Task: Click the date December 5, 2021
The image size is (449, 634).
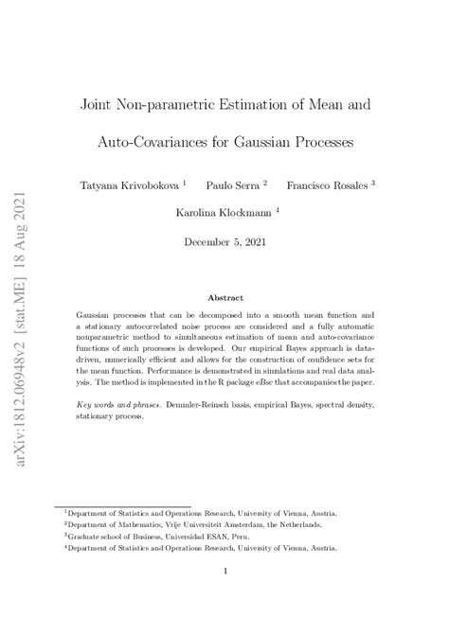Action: [x=224, y=242]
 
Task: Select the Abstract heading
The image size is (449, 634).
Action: [x=224, y=296]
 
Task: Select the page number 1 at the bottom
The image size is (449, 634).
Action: [x=224, y=571]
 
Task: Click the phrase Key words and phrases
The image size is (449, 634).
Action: [x=117, y=403]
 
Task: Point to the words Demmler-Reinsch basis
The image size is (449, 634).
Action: [x=211, y=403]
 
